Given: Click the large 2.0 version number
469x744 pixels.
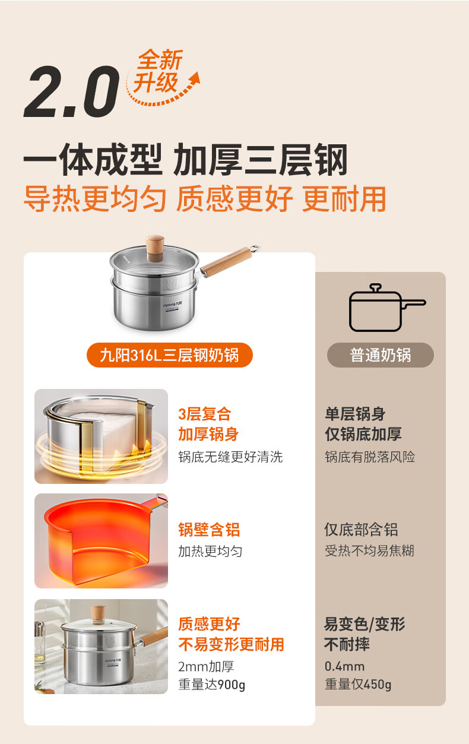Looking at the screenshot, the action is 72,91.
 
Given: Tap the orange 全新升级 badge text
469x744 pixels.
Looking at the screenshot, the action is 158,71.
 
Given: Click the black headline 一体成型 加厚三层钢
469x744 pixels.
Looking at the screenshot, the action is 185,160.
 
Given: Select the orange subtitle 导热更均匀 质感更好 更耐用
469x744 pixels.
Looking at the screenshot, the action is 205,199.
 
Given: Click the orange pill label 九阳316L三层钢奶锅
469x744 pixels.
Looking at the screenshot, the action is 169,355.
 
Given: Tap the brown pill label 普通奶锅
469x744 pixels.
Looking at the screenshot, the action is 381,355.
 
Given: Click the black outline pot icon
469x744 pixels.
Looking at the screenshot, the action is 386,308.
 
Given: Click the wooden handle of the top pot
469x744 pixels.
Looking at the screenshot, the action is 225,262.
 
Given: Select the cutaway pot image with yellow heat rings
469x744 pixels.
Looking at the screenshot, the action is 101,436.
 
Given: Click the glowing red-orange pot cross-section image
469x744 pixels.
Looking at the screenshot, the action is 101,540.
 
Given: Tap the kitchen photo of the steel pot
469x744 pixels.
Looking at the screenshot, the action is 101,647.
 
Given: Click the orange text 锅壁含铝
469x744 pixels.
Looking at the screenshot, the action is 209,530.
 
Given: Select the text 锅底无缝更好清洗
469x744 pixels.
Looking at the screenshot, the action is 230,457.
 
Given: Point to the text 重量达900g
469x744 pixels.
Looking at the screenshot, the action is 211,684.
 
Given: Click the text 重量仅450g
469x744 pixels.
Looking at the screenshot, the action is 358,684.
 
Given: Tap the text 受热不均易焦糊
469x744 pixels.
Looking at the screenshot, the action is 369,550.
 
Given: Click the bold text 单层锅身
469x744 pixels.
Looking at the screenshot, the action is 355,414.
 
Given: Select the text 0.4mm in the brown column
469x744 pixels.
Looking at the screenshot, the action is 344,666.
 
